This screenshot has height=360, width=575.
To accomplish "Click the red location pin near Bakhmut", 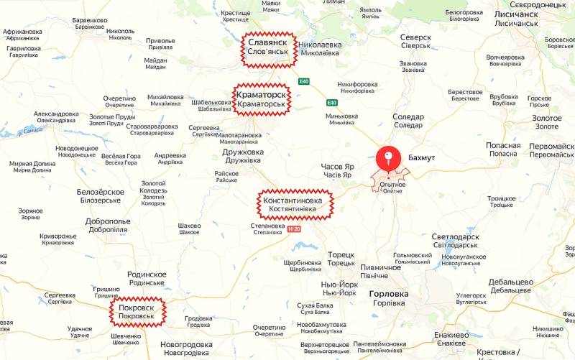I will (389, 157).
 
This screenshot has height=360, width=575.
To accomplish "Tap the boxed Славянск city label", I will (269, 48).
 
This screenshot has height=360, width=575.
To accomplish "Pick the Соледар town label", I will (408, 120).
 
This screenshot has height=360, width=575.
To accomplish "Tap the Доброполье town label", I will (108, 225).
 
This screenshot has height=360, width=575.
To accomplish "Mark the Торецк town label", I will (341, 259).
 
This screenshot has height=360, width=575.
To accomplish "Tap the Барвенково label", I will (90, 23).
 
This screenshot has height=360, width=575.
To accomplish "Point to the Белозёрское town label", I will (101, 196).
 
